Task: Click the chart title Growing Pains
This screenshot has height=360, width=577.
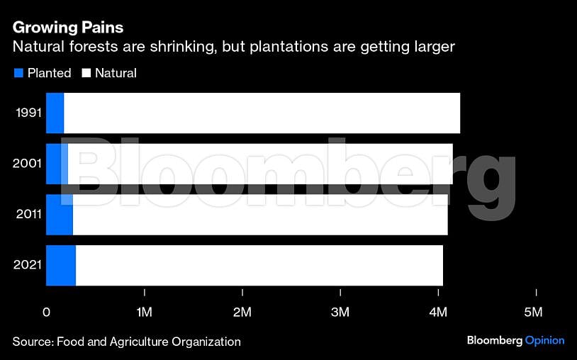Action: tap(68, 28)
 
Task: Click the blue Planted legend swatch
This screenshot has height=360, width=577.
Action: tap(18, 73)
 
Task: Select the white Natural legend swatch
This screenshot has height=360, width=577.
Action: tap(88, 73)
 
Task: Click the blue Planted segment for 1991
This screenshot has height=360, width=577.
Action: tap(55, 113)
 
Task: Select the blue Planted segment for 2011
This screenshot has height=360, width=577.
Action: tap(59, 215)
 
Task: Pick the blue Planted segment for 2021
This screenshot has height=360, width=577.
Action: tap(60, 266)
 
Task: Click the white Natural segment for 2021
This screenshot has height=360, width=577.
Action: tap(259, 266)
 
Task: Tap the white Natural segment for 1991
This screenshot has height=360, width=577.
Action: tap(262, 113)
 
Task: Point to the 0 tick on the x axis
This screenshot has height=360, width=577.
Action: tap(46, 313)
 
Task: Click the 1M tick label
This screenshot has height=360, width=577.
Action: tap(144, 313)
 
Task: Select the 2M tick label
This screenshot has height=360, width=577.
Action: tap(242, 313)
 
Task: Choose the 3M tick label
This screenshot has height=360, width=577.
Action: tap(340, 313)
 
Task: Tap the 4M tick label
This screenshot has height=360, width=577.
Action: tap(438, 313)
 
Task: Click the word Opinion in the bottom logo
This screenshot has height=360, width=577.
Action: tap(544, 341)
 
